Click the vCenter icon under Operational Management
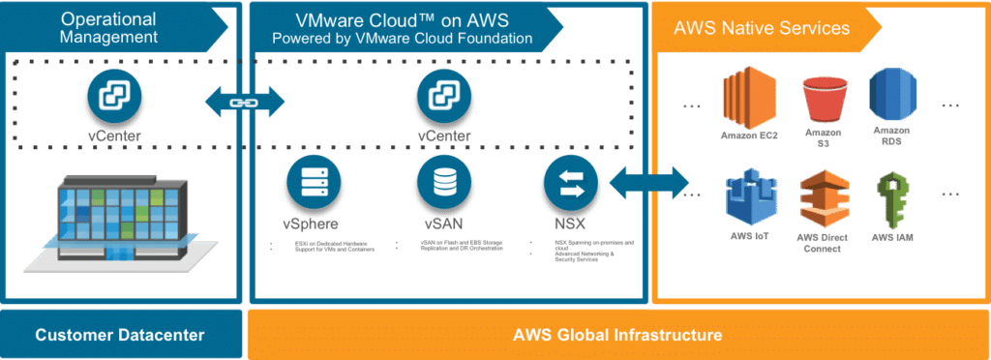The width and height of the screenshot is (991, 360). tap(115, 98)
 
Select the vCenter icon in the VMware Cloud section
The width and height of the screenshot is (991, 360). tap(444, 98)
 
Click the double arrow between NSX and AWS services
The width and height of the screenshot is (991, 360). tap(648, 182)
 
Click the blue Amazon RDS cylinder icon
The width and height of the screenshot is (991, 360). tap(892, 98)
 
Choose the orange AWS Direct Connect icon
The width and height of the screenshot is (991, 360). tap(822, 198)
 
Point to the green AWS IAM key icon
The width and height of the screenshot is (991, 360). tap(892, 198)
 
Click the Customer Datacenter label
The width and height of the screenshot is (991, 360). tap(120, 336)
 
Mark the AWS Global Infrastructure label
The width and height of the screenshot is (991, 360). tap(617, 336)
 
